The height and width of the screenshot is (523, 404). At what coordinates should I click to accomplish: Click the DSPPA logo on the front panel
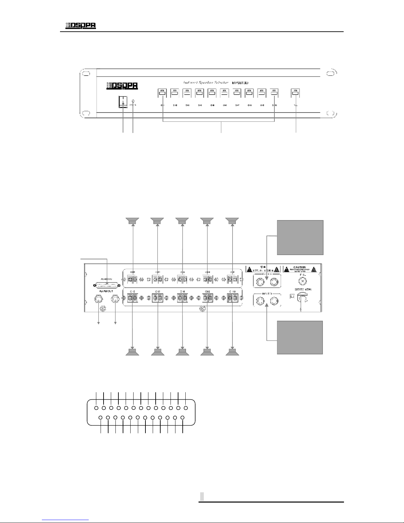click(x=121, y=86)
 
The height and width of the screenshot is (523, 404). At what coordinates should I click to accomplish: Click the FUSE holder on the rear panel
click(x=301, y=281)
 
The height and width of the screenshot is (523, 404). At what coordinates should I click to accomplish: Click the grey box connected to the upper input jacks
click(x=300, y=237)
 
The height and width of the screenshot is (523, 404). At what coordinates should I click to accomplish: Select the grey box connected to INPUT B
click(x=299, y=338)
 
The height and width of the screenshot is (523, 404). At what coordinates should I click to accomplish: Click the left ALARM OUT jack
click(x=98, y=299)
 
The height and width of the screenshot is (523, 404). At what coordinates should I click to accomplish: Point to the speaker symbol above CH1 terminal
click(x=133, y=221)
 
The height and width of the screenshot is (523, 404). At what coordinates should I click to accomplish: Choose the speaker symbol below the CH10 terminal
click(x=233, y=352)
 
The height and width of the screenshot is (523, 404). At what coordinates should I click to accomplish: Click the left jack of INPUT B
click(x=260, y=301)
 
